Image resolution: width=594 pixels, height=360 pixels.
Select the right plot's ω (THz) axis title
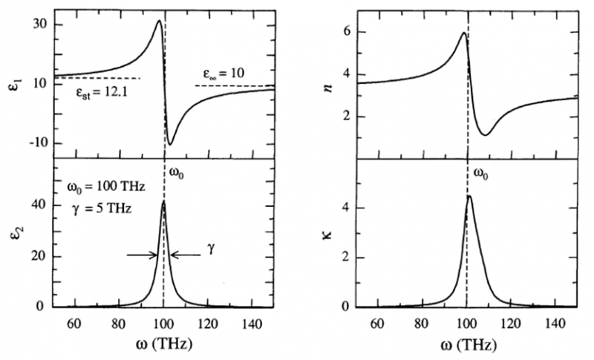(466, 346)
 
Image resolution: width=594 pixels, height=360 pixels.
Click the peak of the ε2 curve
(163, 201)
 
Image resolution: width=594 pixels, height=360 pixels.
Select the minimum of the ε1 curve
(170, 144)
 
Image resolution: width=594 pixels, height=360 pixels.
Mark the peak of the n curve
(463, 33)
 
